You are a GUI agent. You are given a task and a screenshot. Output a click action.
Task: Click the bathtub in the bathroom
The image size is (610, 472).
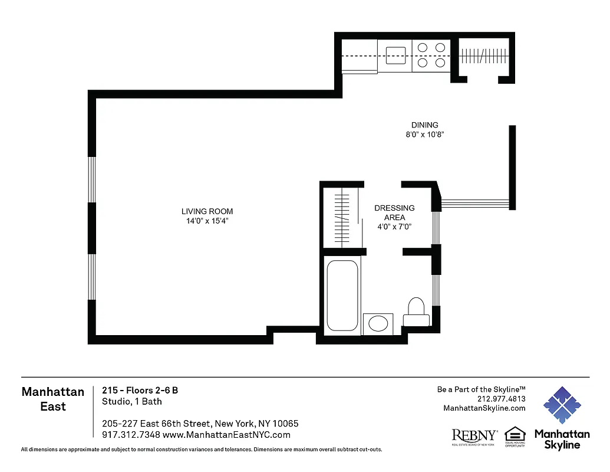tap(342, 295)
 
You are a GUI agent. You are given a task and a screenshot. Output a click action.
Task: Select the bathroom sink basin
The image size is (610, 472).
tap(378, 324)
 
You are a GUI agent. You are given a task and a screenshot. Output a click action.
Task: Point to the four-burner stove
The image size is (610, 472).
tap(431, 55)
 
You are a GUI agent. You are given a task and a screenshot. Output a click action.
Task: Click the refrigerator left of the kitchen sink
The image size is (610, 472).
tap(360, 56)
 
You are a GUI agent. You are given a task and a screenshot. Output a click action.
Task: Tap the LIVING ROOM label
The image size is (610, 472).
tap(207, 211)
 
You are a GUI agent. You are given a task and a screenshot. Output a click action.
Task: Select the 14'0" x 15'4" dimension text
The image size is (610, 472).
tap(207, 221)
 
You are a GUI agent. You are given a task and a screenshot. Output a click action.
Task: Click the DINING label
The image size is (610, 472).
tap(424, 125)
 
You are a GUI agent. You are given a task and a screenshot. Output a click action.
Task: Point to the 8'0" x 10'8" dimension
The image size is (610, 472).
tap(424, 135)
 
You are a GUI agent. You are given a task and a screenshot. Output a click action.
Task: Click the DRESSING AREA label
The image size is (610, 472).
tap(394, 212)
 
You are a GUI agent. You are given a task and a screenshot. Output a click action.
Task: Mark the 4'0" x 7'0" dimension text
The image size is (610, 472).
tap(394, 227)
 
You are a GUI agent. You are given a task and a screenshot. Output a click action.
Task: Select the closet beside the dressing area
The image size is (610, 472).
tap(341, 217)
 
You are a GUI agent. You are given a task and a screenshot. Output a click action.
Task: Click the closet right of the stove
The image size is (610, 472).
tap(483, 56)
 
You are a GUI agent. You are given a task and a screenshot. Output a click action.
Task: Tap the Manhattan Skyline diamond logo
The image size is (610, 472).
tap(562, 406)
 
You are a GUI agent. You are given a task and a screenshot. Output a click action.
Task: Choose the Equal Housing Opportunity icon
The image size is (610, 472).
tap(515, 435)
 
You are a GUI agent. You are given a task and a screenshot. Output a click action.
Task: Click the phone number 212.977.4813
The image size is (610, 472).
tap(501, 399)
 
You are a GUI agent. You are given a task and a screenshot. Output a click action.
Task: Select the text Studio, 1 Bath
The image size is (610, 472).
tap(131, 402)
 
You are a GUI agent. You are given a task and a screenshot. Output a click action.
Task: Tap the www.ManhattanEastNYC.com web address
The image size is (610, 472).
tap(226, 435)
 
